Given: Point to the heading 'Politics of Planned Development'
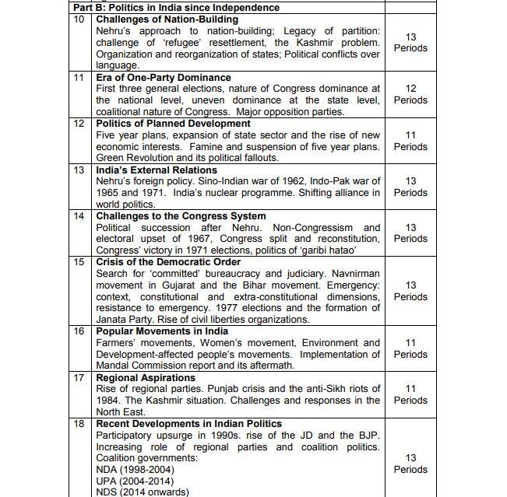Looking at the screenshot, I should pyautogui.click(x=173, y=124).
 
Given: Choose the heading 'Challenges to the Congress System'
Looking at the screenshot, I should pyautogui.click(x=181, y=215).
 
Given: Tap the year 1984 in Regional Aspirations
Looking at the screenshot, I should pyautogui.click(x=109, y=401).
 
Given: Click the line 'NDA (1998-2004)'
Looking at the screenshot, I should pyautogui.click(x=136, y=470).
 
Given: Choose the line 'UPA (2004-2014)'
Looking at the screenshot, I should pyautogui.click(x=136, y=481).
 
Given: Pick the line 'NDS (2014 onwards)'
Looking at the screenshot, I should pyautogui.click(x=142, y=492).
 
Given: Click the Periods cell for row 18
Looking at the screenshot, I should pyautogui.click(x=410, y=464).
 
